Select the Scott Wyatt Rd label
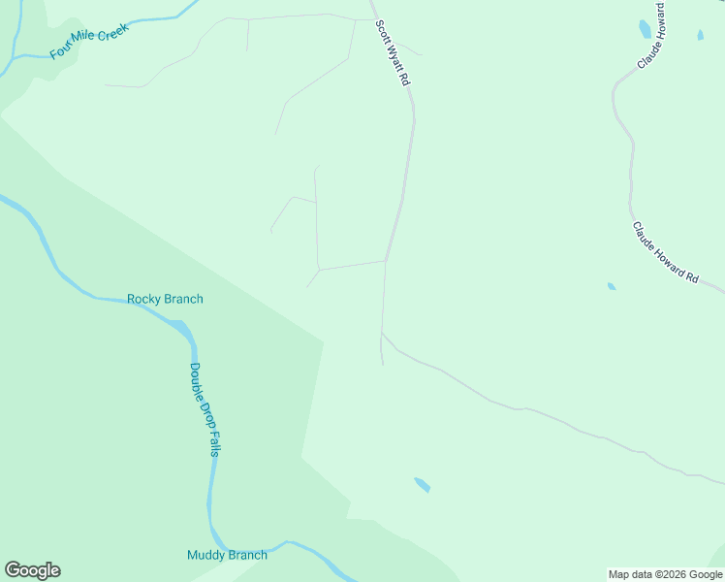(392, 54)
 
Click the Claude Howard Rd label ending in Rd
(665, 252)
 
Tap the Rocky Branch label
(165, 299)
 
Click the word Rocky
(145, 299)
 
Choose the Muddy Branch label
(227, 555)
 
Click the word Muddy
(206, 555)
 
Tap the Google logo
(32, 569)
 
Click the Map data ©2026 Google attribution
(665, 574)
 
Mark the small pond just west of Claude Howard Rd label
(611, 286)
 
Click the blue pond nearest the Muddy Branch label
(422, 484)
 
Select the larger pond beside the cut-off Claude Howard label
(646, 29)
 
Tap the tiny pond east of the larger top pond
(700, 36)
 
